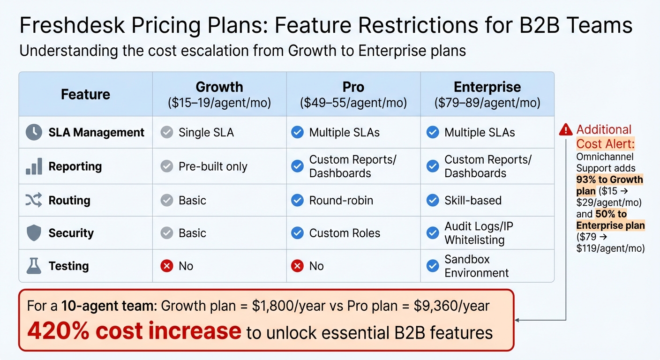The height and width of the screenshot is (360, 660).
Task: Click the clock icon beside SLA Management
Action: tap(34, 132)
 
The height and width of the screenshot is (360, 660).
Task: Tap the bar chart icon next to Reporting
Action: tap(34, 166)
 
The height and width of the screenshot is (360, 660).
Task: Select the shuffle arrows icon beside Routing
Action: tap(34, 200)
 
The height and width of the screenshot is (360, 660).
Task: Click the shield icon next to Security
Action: tap(34, 233)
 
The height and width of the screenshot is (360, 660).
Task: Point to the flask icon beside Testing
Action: tap(34, 266)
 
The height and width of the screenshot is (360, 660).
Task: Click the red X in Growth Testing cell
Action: tap(166, 266)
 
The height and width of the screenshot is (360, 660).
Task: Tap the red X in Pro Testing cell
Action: tap(297, 266)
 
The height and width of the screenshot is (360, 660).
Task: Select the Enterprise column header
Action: tap(487, 87)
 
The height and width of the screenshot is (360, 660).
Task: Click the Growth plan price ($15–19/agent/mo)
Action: tap(219, 103)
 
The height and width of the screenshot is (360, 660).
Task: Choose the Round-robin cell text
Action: tap(341, 200)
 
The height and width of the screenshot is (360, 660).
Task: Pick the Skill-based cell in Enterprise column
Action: tap(472, 200)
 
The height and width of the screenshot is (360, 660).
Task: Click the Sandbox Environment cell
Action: tap(476, 266)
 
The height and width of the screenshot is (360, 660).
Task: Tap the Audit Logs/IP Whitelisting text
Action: tap(478, 233)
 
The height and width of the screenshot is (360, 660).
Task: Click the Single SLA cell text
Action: tap(206, 132)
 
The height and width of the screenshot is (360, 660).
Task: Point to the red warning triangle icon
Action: tap(566, 129)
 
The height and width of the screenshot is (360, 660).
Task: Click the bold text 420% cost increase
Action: tap(134, 331)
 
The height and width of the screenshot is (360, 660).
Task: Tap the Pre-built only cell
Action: tap(212, 166)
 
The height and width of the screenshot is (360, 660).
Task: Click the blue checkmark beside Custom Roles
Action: tap(297, 233)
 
